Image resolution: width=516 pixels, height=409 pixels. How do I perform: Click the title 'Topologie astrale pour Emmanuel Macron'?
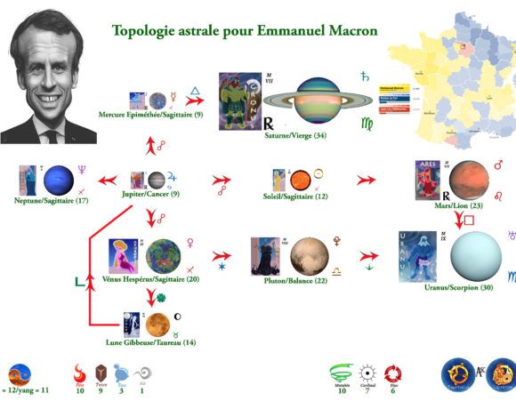245,31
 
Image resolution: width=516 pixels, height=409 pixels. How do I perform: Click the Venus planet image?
164,256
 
